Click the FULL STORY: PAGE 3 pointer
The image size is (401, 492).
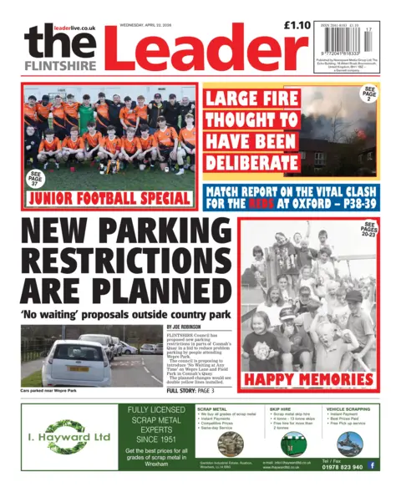pos(190,391)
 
